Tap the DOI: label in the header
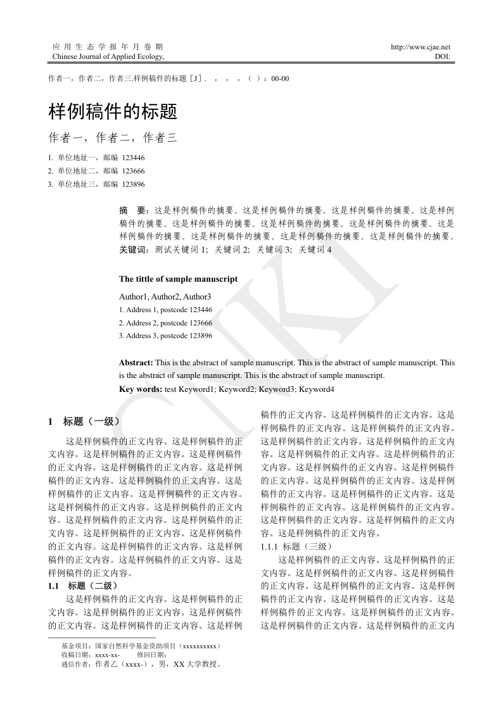(442, 56)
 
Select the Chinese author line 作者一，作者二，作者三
(112, 137)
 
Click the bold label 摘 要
(133, 210)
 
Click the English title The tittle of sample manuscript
(178, 279)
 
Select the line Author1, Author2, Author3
(165, 296)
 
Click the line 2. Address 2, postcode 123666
(165, 323)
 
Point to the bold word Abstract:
(136, 363)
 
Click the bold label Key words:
(141, 389)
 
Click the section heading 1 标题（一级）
(84, 421)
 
